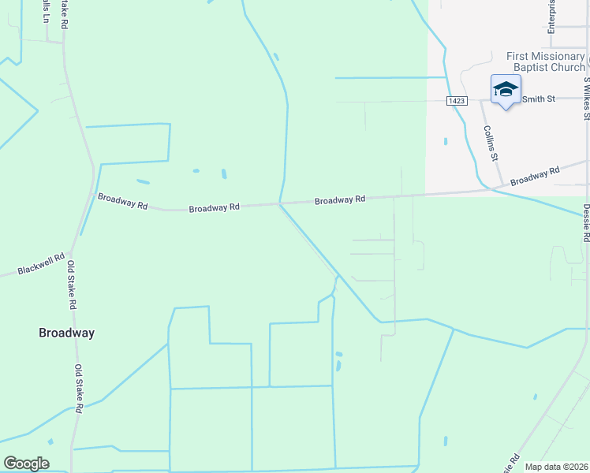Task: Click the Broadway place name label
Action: coord(66,333)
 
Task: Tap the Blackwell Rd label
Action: coord(40,266)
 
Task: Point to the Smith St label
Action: coord(540,99)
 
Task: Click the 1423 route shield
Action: coord(457,101)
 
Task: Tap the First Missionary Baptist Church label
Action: coord(546,62)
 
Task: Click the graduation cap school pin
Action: coord(505,89)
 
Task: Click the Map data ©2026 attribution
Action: coord(557,467)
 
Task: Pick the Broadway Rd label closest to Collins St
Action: coord(535,176)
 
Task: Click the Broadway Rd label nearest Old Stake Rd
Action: coord(121,201)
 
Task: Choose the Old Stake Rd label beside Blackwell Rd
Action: coord(71,285)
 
